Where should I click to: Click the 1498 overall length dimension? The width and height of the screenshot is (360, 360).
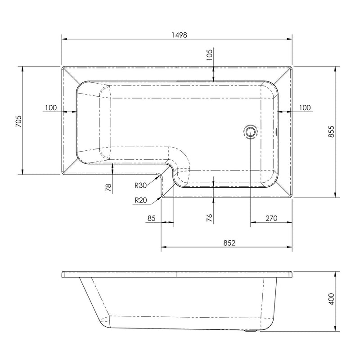coord(180,35)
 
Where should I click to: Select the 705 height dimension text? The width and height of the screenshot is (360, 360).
coord(18,121)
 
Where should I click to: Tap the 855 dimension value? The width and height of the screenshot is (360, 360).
coord(331,131)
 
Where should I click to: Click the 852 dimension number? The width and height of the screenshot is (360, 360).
coord(229,243)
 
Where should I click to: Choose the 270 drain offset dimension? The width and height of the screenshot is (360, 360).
coord(271,218)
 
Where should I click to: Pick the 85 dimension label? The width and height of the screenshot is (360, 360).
coord(152,218)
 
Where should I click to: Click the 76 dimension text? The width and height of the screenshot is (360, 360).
coord(209,217)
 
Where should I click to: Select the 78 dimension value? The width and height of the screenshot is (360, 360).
coord(108,188)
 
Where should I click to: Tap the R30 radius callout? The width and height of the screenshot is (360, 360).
coord(140,185)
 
